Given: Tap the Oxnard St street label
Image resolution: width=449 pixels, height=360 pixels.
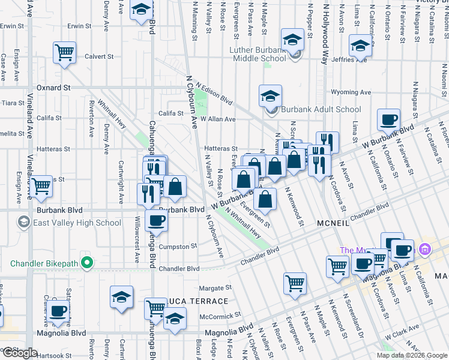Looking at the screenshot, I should (53, 88).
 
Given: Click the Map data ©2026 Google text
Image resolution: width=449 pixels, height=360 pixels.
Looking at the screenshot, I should (412, 355).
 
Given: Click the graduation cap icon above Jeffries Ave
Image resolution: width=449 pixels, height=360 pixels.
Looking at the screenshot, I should (360, 46).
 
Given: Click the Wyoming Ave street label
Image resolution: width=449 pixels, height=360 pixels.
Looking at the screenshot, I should (351, 92).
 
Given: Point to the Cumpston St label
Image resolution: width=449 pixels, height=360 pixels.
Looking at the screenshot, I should (178, 247).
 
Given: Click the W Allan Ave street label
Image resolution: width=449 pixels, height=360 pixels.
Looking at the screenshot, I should (218, 119).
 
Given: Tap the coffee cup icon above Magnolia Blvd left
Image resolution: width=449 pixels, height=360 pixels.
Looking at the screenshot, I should (58, 310).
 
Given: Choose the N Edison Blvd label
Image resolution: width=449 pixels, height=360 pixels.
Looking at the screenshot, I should (214, 92).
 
